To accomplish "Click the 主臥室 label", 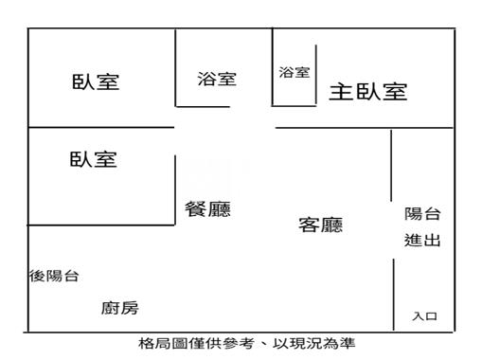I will click(367, 92).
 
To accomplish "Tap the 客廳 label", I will click(321, 225).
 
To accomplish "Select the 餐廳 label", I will click(208, 209).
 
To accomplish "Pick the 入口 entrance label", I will click(423, 316).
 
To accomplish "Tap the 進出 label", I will click(421, 241).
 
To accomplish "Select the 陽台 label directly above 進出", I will click(421, 215).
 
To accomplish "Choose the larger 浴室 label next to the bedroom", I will click(217, 80).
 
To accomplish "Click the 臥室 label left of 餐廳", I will click(94, 158).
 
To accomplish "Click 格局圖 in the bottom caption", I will click(157, 344).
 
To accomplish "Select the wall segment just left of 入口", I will click(393, 294).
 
